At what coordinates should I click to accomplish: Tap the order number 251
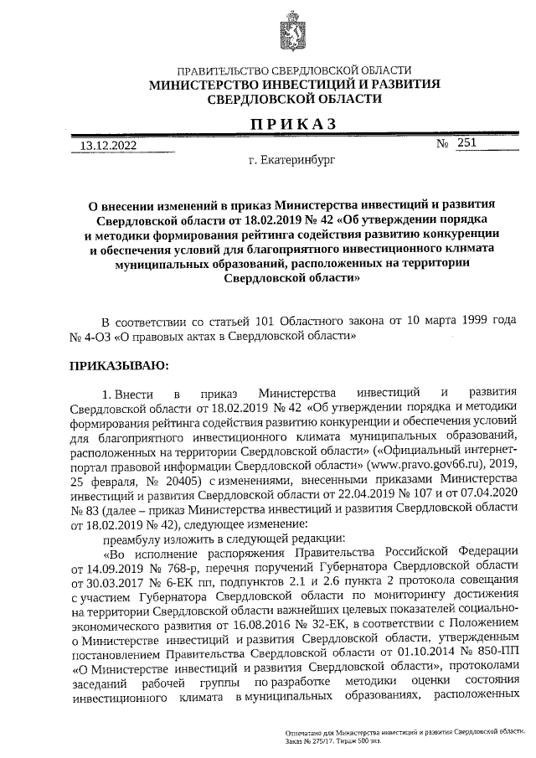[467, 143]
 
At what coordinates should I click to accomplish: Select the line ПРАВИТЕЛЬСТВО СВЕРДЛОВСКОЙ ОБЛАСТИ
[288, 70]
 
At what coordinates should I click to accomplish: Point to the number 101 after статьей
[257, 322]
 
